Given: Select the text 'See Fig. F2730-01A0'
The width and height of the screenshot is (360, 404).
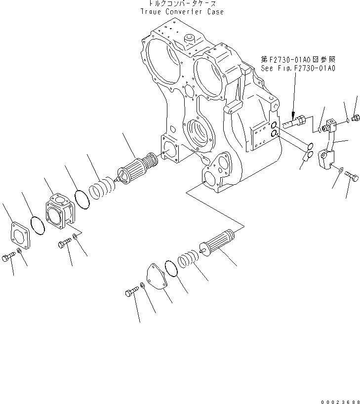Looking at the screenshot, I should tap(298, 68).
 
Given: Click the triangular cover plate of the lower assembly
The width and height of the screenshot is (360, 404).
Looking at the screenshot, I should tap(156, 276).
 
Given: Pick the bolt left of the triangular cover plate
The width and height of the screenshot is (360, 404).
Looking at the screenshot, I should tap(130, 294).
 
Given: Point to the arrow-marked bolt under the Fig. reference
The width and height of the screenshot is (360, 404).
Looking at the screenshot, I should tap(295, 120).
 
